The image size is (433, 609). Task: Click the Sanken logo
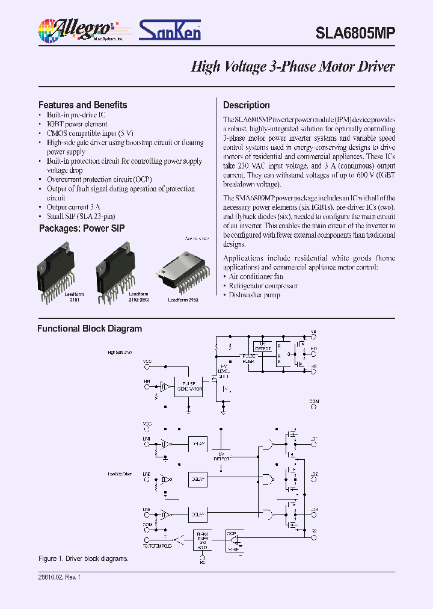[170, 30]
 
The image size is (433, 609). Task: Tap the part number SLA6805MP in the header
[355, 34]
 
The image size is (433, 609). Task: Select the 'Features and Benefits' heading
[82, 105]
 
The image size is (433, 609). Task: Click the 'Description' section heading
[247, 105]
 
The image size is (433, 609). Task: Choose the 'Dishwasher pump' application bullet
[254, 295]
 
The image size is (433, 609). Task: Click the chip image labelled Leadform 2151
[60, 264]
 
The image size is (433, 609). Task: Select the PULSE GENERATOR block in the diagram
[188, 387]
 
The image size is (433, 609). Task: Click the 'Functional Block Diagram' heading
[90, 329]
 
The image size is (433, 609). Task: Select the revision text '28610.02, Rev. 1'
[60, 577]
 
